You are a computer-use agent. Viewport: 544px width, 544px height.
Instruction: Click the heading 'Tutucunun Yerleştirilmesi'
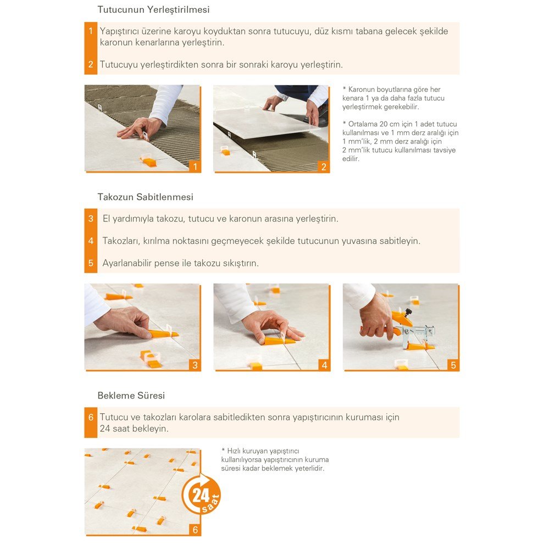[153, 10]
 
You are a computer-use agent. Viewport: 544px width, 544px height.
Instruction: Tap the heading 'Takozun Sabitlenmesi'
[146, 197]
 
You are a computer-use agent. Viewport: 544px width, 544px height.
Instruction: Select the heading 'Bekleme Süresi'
[131, 396]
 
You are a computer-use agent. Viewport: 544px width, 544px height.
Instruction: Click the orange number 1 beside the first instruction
[91, 31]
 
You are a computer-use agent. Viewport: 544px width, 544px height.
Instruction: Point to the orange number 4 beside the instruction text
[91, 241]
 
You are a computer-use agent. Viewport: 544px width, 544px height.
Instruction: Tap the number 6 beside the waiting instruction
[91, 417]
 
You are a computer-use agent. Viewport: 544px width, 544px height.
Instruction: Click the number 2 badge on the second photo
[324, 167]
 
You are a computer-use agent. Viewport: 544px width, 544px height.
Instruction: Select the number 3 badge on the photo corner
[195, 365]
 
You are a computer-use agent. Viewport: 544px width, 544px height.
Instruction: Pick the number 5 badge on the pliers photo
[453, 365]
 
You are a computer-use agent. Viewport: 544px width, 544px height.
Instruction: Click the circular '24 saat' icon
[201, 495]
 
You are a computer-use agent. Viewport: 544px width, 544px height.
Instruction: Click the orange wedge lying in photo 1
[148, 162]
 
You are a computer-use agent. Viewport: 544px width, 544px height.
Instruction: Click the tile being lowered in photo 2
[264, 122]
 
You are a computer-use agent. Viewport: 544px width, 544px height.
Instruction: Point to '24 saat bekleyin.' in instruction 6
[134, 429]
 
